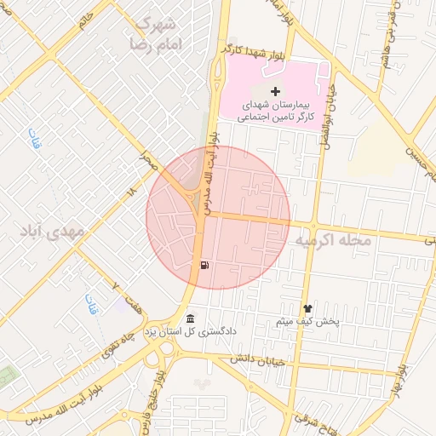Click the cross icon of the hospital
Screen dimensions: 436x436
(274, 90)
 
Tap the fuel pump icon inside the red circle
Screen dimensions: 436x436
(204, 265)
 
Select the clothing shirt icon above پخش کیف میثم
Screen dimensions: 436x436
(307, 309)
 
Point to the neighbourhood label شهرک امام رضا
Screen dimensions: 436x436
(154, 32)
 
